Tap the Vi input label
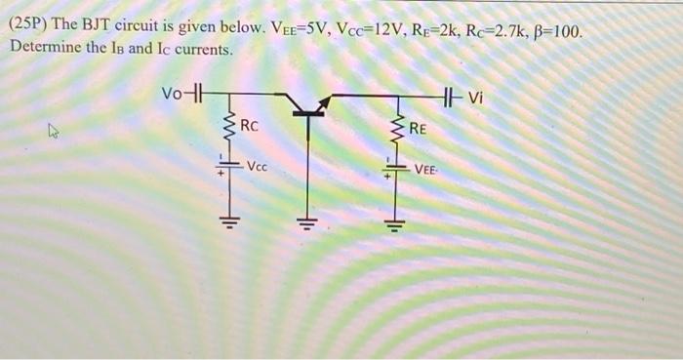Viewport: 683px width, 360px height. pos(475,96)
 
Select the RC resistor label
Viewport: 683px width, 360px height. pos(249,126)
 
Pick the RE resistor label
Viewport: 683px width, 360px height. pos(418,128)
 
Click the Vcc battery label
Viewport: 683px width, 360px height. pos(258,167)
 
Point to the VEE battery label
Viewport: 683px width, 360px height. pos(425,169)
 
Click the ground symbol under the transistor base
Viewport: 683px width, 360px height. pos(309,220)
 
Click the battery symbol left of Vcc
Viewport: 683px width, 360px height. pos(230,168)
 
